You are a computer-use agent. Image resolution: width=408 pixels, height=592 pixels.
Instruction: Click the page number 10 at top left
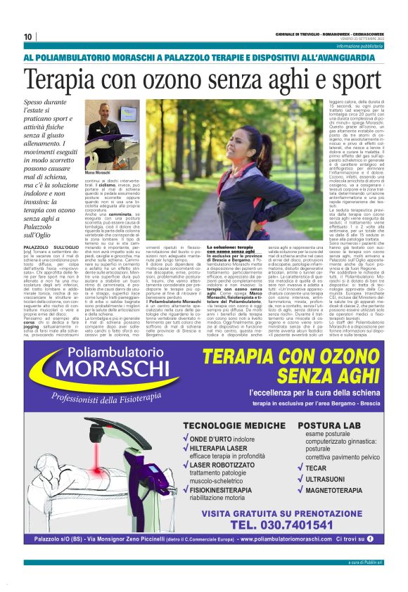click(x=27, y=37)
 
